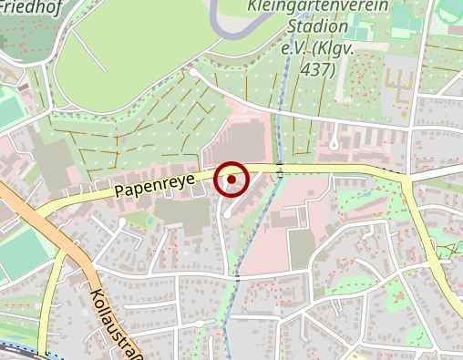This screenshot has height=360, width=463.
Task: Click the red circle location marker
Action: [x=231, y=180]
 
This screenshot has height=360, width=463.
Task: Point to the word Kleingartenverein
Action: [x=317, y=8]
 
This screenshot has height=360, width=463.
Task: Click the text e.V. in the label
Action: [x=293, y=48]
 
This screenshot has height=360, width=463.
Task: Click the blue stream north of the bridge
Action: [x=282, y=100]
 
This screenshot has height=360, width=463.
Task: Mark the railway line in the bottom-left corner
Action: [x=18, y=349]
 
